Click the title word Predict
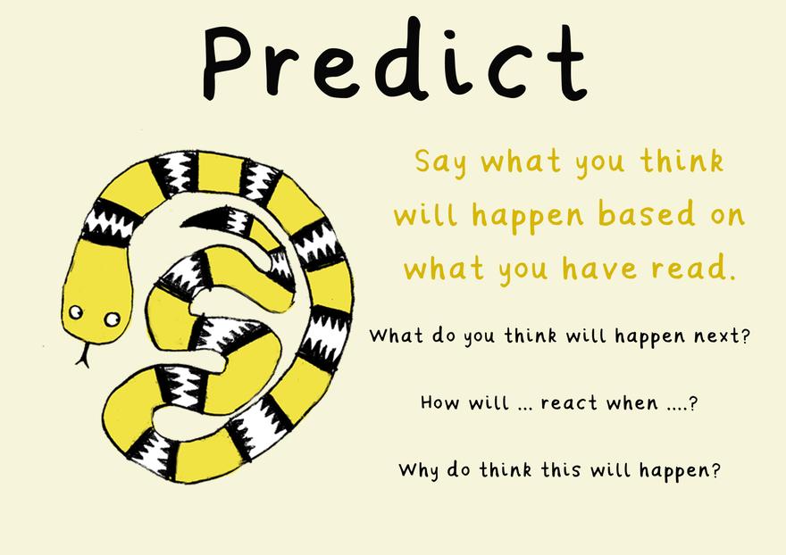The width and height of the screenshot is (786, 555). (395, 59)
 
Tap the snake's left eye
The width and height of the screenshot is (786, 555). (76, 312)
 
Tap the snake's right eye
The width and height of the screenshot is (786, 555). (113, 319)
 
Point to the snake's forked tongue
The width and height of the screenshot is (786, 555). (83, 354)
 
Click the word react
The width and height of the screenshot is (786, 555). (569, 402)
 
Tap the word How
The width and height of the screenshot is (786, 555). (439, 402)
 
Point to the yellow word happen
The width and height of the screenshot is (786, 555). (527, 216)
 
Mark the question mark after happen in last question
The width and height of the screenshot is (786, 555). (715, 470)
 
